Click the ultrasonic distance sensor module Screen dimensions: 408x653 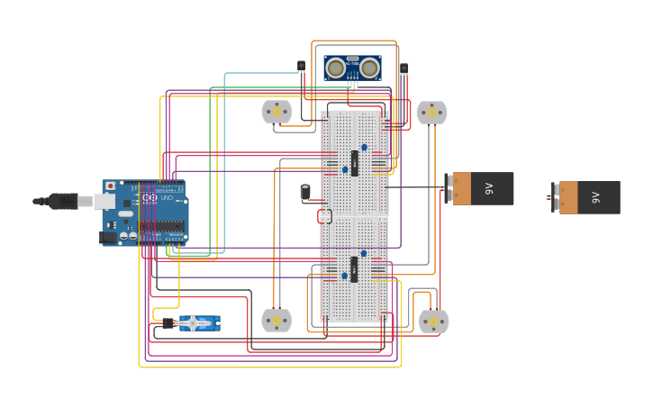click(352, 68)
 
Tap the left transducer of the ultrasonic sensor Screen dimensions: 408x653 click(336, 68)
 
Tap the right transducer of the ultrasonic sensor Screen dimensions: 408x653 click(369, 68)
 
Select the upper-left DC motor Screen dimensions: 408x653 click(277, 112)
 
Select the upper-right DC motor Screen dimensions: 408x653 click(431, 112)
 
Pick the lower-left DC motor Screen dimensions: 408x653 click(277, 321)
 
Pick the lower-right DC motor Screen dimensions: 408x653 click(433, 322)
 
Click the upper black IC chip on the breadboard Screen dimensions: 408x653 click(354, 163)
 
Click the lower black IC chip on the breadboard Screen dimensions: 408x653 click(354, 269)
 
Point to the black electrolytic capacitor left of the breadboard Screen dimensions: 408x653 click(305, 191)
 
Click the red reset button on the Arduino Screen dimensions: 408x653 click(111, 186)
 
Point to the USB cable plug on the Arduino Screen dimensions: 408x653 click(63, 201)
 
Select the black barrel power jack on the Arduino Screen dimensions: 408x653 click(109, 237)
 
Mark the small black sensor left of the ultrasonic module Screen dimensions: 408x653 click(301, 66)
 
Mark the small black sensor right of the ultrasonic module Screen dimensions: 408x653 click(404, 68)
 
